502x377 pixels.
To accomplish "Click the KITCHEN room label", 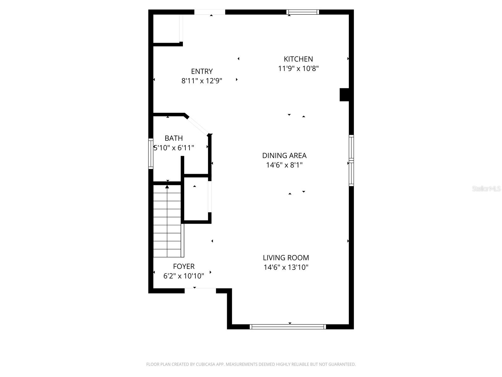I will coord(298,59).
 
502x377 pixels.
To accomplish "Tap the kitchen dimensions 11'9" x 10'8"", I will coord(298,68).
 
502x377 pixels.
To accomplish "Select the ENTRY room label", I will coord(202,71).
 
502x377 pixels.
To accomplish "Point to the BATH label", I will coord(174,138).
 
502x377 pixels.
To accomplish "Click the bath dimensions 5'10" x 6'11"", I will coord(174,148).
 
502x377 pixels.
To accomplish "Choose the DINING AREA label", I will coord(284,156).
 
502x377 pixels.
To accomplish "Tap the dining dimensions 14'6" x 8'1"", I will coord(284,165).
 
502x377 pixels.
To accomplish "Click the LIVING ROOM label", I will coord(286,258).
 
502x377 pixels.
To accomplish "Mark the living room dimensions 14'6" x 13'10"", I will coord(286,267).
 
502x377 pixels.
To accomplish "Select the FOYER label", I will coord(184,266).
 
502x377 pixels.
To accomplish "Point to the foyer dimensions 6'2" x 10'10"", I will coord(184,276).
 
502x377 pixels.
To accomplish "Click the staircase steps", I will coord(167,221).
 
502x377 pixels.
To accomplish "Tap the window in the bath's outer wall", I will coord(151,154).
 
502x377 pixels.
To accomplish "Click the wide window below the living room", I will coord(288,327).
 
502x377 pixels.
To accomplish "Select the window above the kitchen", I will coord(303,12).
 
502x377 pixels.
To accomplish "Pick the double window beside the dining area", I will coord(351,161).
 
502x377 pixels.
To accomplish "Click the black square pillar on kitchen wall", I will coord(344,95).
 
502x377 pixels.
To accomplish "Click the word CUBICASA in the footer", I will coord(205,364).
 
